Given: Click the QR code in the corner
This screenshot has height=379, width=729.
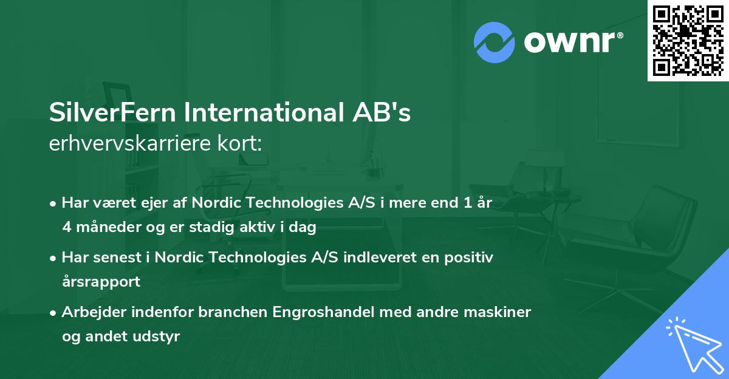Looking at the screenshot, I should [688, 40].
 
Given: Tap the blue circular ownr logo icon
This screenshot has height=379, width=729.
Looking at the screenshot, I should [495, 43].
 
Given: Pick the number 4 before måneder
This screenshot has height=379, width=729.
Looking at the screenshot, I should [66, 228].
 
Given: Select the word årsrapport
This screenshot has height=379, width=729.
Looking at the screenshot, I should [101, 282].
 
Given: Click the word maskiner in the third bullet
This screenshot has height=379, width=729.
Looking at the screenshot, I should [502, 312].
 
